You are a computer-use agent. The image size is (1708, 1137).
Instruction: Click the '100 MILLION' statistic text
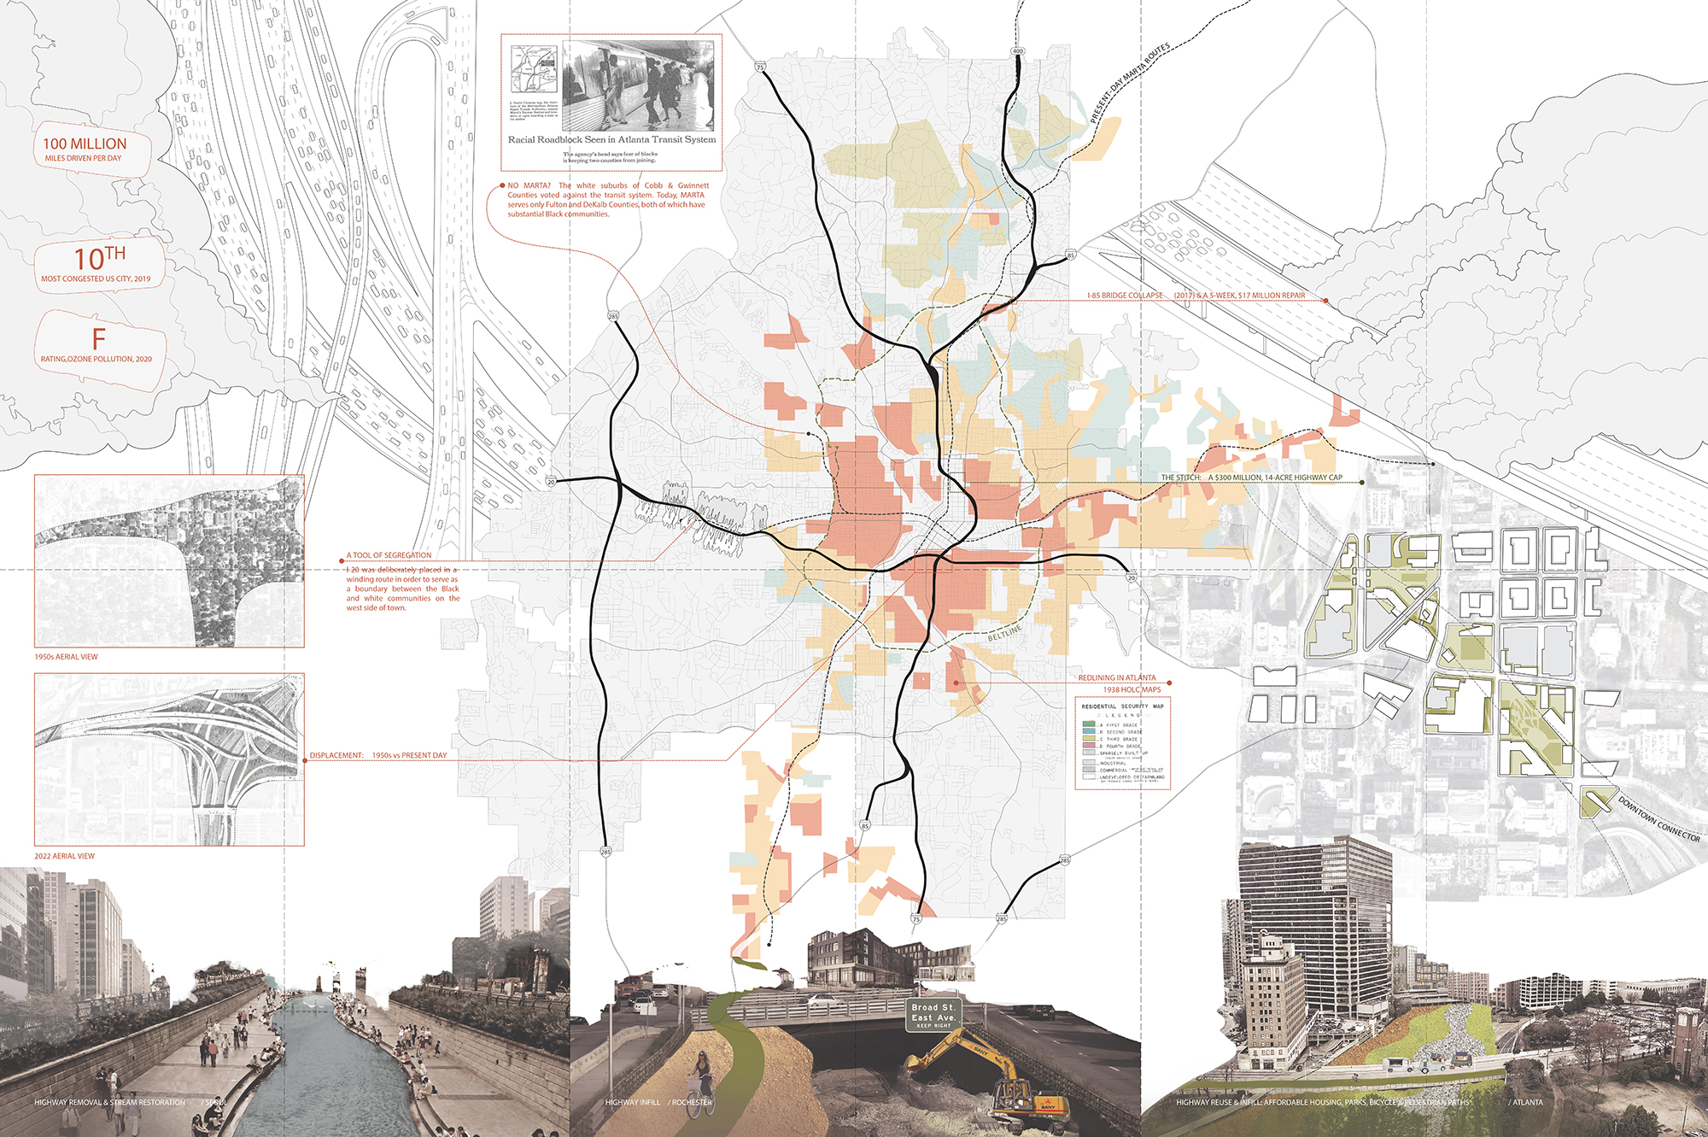coord(85,144)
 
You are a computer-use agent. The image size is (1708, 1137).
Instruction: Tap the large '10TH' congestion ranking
coord(99,258)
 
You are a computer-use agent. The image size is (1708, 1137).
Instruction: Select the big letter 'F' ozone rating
coord(99,338)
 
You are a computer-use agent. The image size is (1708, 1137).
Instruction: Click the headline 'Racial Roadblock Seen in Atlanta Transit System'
coord(611,139)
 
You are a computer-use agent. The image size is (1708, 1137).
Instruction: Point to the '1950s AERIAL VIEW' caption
coord(66,657)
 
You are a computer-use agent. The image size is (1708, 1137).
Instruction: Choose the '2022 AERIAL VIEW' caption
coord(64,856)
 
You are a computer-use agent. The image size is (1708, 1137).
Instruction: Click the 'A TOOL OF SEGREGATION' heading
coord(389,555)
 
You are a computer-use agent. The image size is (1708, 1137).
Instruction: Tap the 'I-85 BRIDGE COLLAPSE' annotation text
coord(1125,296)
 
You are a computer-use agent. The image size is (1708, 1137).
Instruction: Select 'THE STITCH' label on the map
coord(1180,478)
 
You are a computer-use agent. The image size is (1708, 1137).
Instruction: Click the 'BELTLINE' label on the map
coord(1004,633)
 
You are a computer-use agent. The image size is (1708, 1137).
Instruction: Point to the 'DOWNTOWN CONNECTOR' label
coord(1659,819)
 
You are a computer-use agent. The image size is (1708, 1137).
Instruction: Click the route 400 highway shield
coord(1017,51)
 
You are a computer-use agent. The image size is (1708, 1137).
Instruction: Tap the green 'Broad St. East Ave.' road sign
coord(933,1014)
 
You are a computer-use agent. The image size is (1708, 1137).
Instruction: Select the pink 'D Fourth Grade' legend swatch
coord(1089,746)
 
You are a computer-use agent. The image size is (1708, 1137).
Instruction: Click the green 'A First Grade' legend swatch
coord(1089,724)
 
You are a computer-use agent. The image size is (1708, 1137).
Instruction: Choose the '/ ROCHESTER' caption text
coord(690,1102)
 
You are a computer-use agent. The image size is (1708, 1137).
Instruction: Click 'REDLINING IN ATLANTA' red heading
coord(1116,677)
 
